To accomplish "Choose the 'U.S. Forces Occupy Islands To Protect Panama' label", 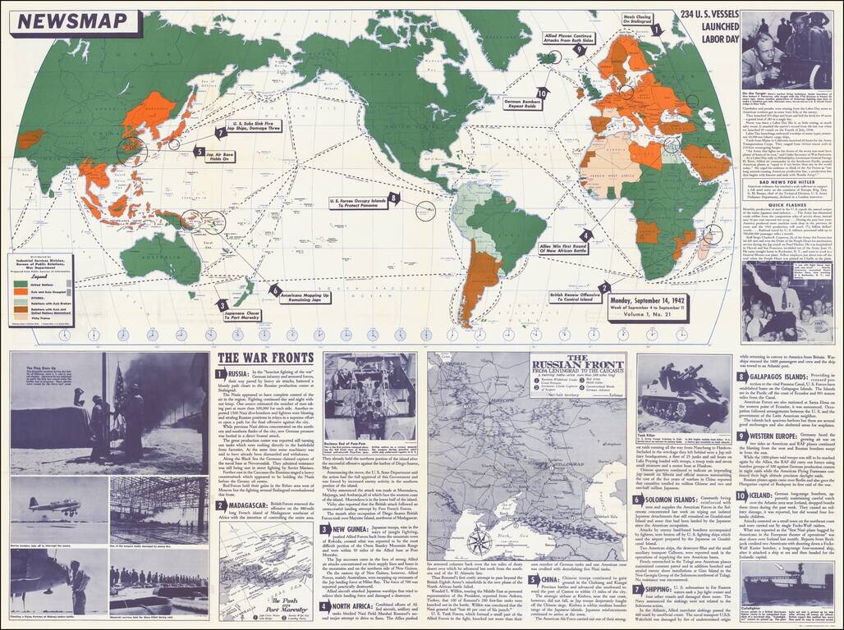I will click(x=357, y=201).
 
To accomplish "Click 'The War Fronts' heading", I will click(x=264, y=358).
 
